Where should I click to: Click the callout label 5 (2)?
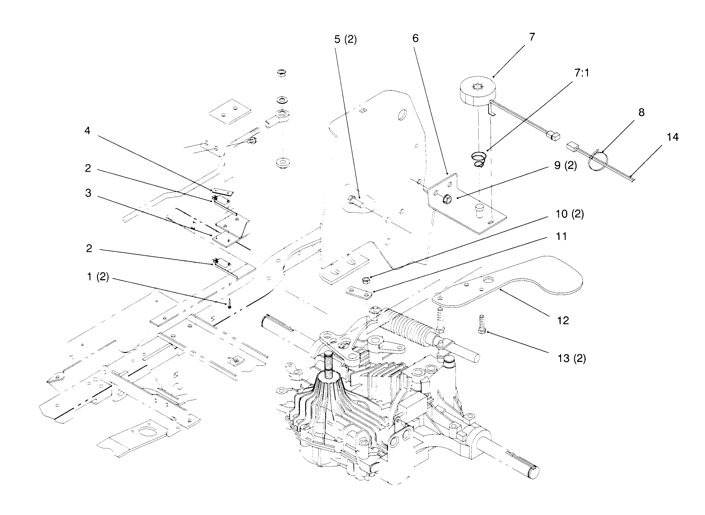tap(345, 40)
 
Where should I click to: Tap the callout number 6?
tap(415, 38)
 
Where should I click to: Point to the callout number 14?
tap(672, 136)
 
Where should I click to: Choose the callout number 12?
tap(563, 320)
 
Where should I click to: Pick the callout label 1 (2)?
tap(97, 277)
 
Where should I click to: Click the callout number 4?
tap(87, 131)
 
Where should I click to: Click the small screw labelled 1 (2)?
tap(230, 303)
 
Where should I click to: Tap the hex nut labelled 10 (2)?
tap(365, 278)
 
